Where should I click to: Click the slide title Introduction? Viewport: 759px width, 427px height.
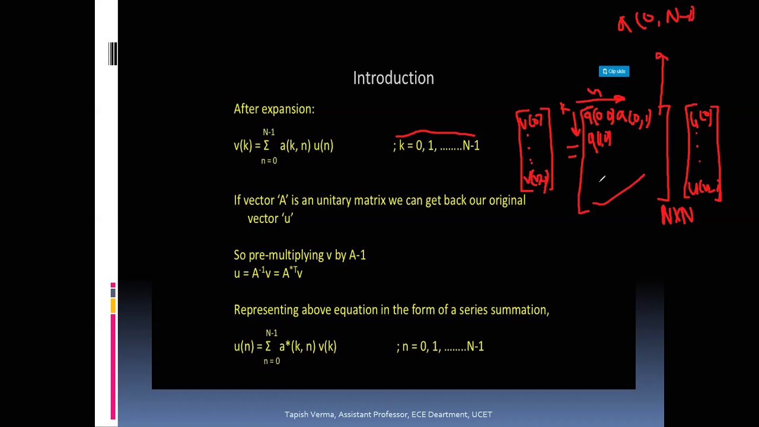coord(393,78)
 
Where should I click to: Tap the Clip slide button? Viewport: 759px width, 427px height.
coord(614,71)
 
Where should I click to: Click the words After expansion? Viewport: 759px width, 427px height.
coord(273,109)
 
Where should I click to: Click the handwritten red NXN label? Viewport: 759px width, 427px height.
coord(677,216)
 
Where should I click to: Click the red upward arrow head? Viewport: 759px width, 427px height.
coord(662,57)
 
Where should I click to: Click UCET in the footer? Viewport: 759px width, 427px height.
coord(481,415)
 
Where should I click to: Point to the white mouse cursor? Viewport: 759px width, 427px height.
coord(602,179)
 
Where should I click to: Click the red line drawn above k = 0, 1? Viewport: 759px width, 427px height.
coord(435,133)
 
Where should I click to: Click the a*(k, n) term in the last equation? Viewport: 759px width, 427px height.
coord(299,346)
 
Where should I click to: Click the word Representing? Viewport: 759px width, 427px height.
coord(266,310)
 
